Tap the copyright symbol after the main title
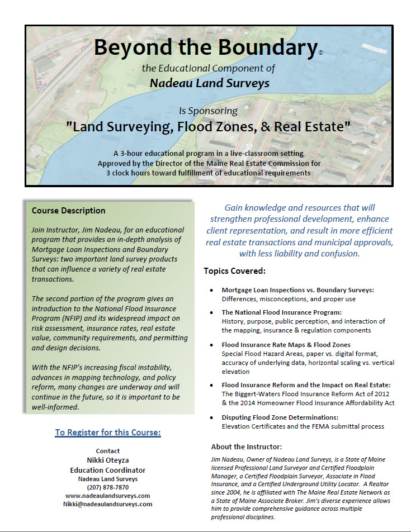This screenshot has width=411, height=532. tap(320, 53)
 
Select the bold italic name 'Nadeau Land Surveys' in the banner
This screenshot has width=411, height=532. tap(210, 83)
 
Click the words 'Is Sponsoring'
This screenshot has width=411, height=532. tap(208, 111)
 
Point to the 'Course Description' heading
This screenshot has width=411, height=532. tap(68, 211)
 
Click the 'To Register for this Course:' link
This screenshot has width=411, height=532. tap(108, 433)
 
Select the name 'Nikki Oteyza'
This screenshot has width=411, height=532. tap(107, 460)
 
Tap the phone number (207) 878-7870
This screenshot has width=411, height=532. tap(107, 487)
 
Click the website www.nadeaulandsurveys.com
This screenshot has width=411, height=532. tap(107, 495)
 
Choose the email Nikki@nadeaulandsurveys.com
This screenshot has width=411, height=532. tap(107, 503)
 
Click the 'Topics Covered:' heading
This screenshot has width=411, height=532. tap(234, 271)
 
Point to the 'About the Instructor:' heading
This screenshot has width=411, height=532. tap(247, 446)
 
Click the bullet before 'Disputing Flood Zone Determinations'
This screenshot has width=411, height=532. tap(211, 417)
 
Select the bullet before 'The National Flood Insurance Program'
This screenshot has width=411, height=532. tap(211, 312)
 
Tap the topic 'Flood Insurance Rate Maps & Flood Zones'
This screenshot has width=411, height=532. tap(286, 345)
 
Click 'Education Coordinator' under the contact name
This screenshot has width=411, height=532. tap(107, 470)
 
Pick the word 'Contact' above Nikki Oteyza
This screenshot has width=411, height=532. tap(107, 451)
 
